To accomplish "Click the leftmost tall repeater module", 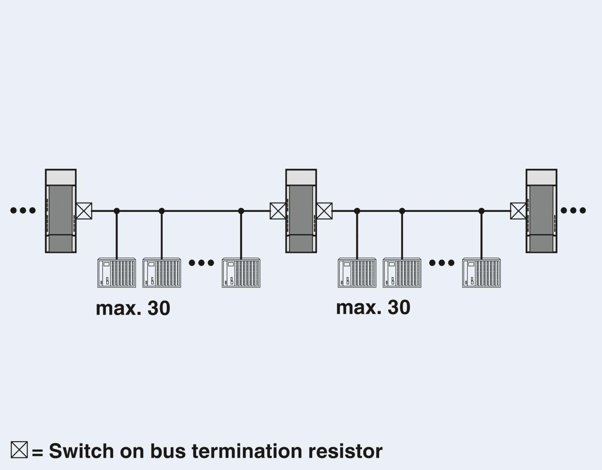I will [x=61, y=211].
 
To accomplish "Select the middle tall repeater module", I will [x=301, y=211].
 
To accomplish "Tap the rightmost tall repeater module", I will [x=541, y=211].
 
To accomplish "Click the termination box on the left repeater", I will [x=84, y=211].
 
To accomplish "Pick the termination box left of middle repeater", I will [x=278, y=211].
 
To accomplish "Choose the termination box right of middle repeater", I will [x=324, y=211].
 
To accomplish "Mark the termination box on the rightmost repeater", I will [x=518, y=211].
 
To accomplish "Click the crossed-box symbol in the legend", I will [x=19, y=450].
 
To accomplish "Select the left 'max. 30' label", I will [x=133, y=308].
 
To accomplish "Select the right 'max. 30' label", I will [x=373, y=307].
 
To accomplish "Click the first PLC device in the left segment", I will [x=116, y=273].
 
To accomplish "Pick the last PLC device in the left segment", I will [x=241, y=273].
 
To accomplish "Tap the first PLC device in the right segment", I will [x=357, y=273].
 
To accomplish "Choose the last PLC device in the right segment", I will [x=481, y=273].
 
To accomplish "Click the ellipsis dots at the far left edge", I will [x=23, y=210].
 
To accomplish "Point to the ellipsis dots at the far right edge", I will [x=573, y=210].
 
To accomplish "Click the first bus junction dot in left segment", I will [x=117, y=211].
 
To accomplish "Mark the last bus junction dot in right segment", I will [x=482, y=211].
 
